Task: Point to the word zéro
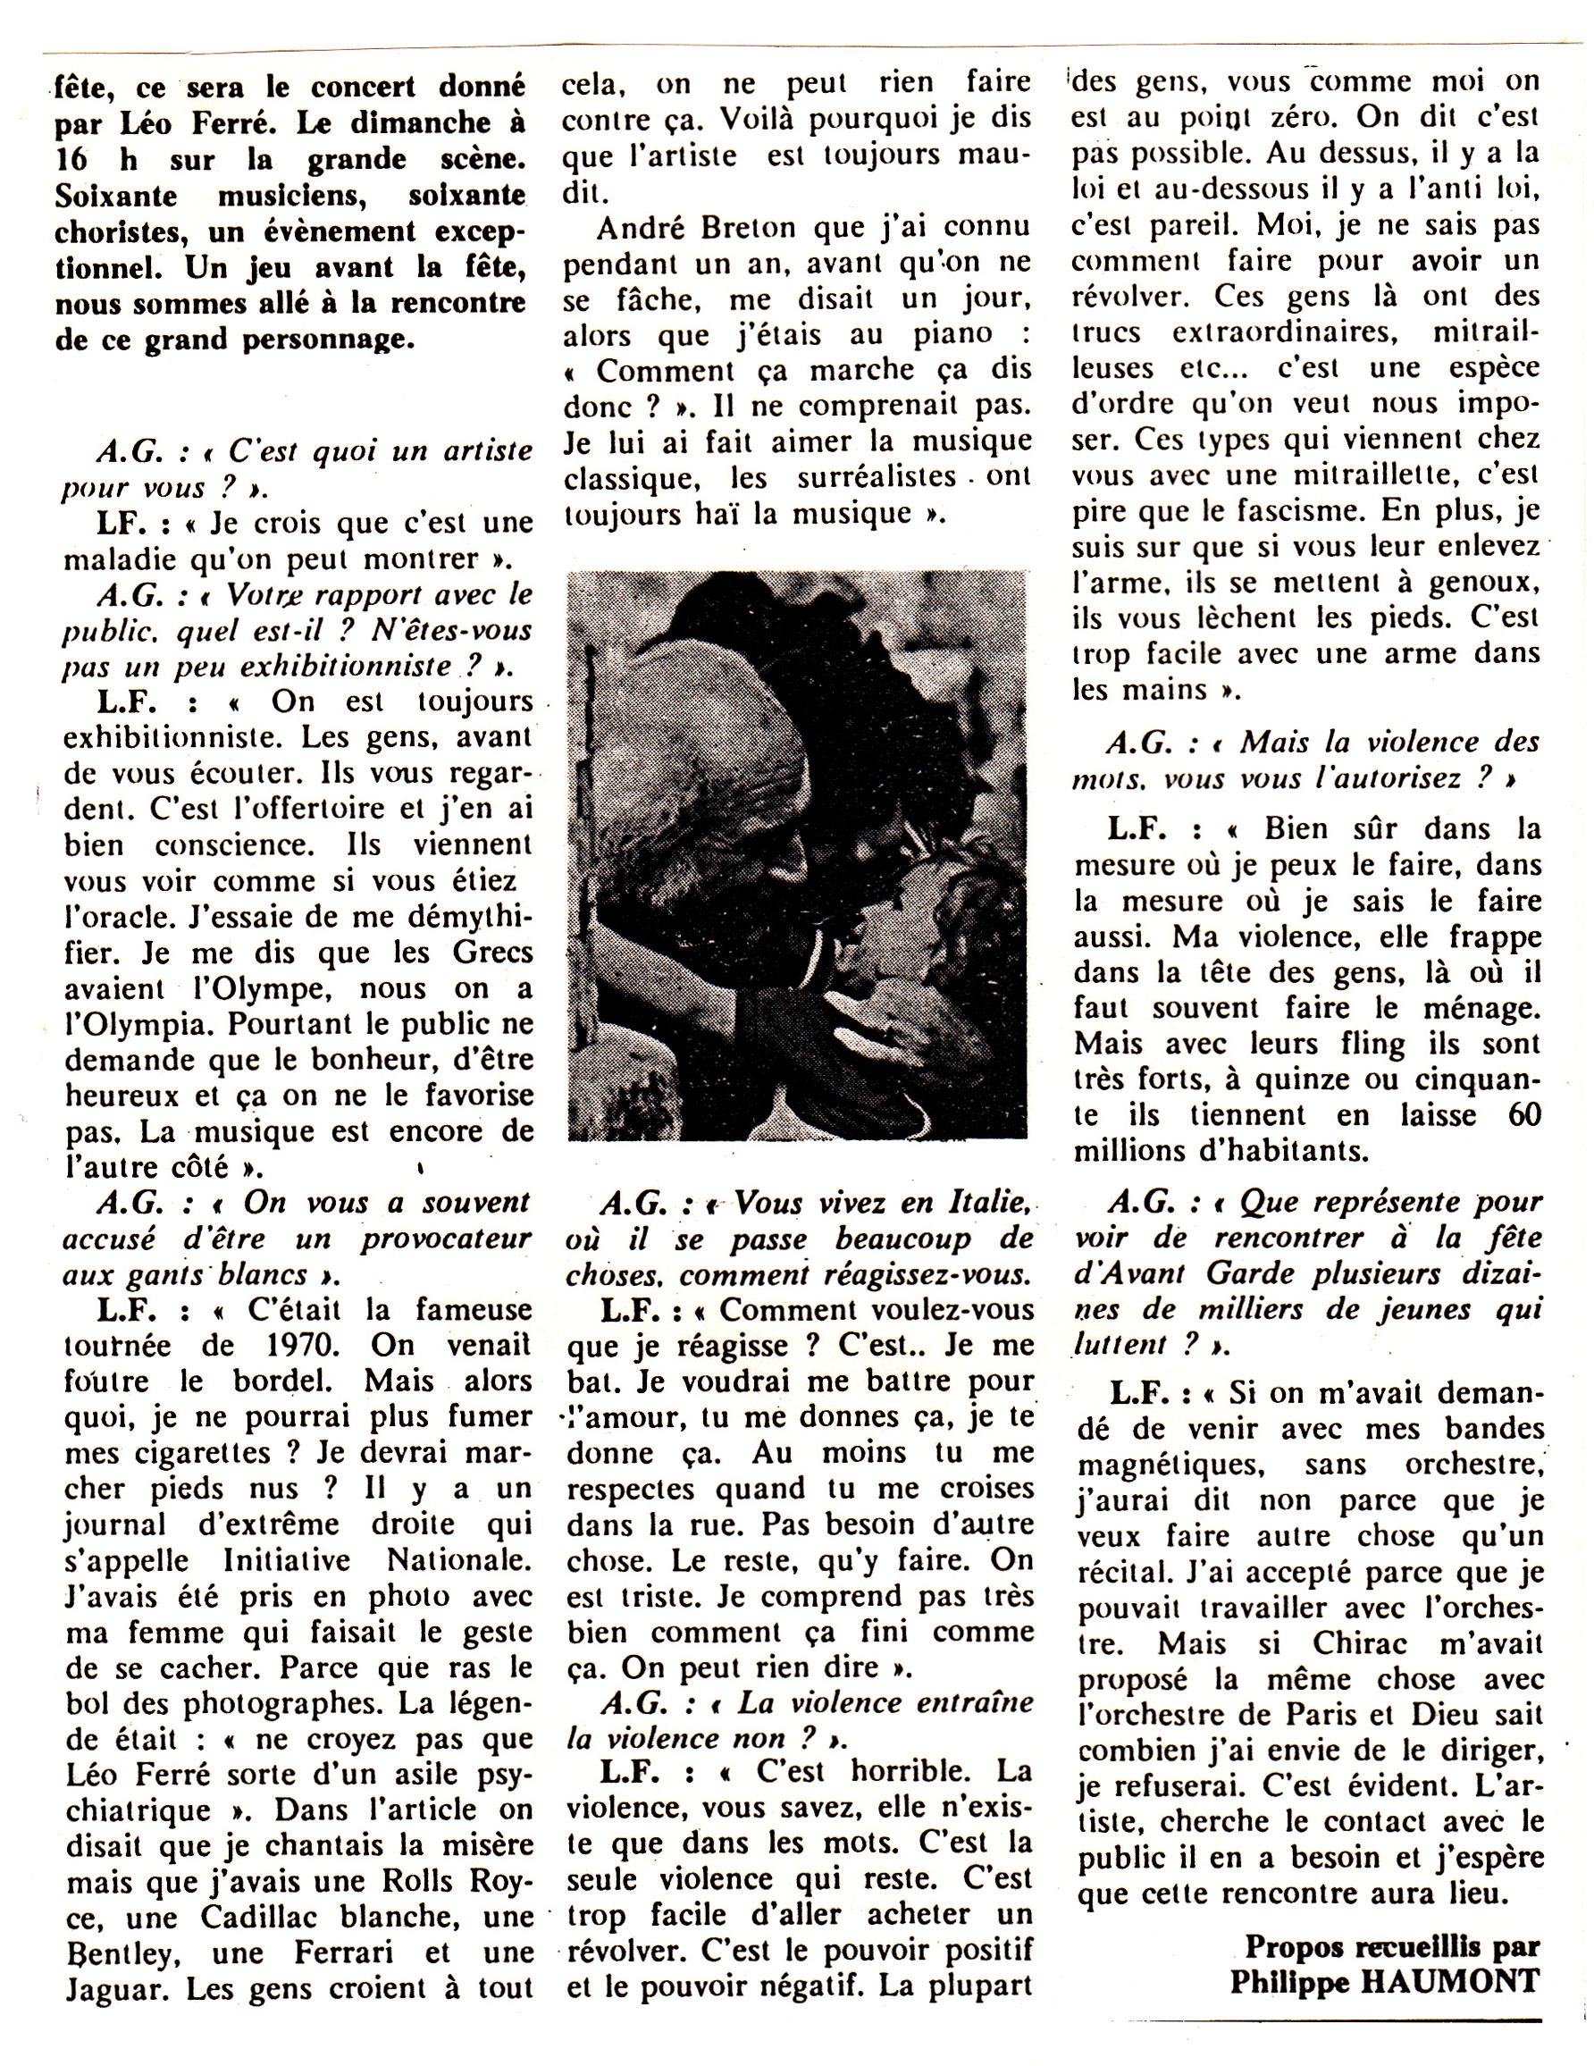click(1303, 117)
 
